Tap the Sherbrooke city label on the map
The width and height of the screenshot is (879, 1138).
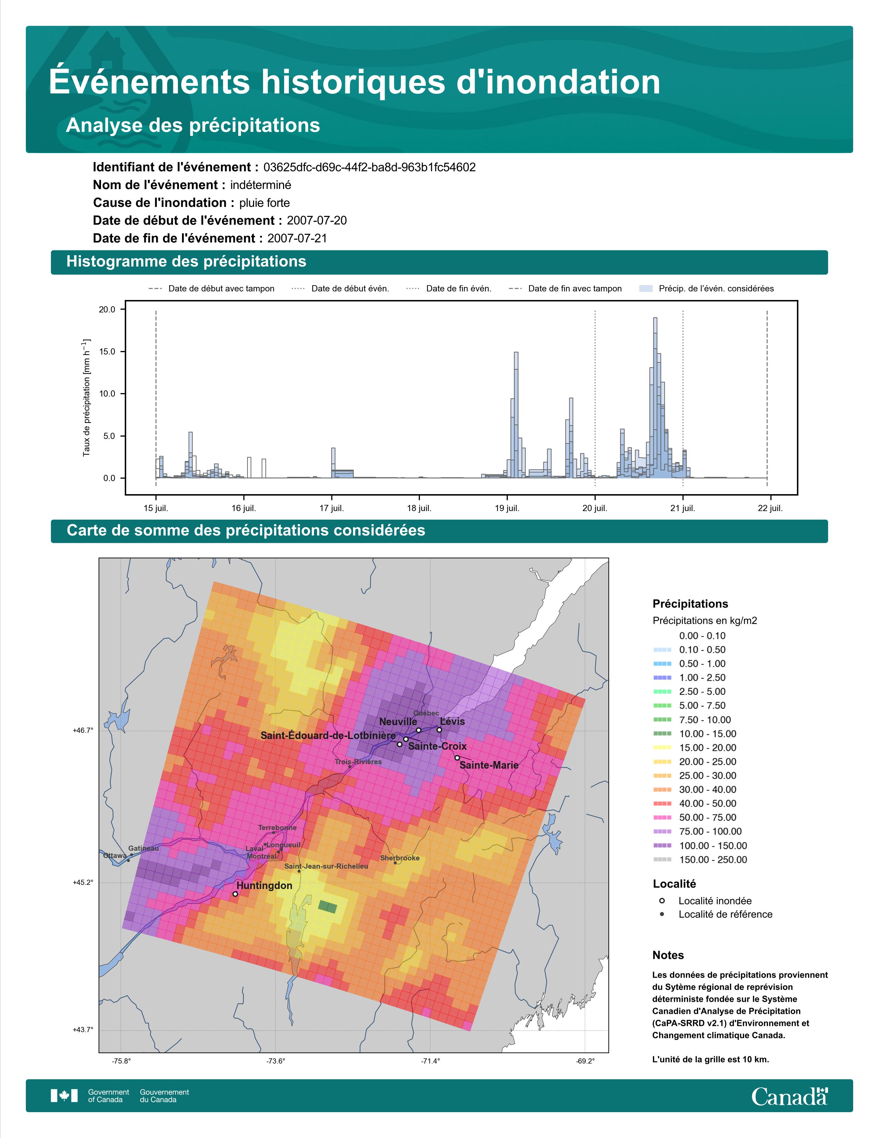click(400, 858)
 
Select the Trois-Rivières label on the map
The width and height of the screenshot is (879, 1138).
click(358, 761)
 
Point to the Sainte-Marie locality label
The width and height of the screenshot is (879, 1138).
click(489, 765)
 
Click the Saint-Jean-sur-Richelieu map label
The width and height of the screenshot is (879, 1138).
click(326, 866)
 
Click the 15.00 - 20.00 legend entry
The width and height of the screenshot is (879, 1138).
click(695, 748)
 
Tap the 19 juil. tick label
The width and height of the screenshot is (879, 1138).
click(507, 508)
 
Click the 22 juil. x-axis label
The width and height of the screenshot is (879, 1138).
click(770, 508)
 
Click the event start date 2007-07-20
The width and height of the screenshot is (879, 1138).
click(316, 220)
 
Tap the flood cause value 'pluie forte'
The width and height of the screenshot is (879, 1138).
click(264, 203)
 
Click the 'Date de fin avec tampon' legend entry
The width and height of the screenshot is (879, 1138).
click(566, 289)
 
